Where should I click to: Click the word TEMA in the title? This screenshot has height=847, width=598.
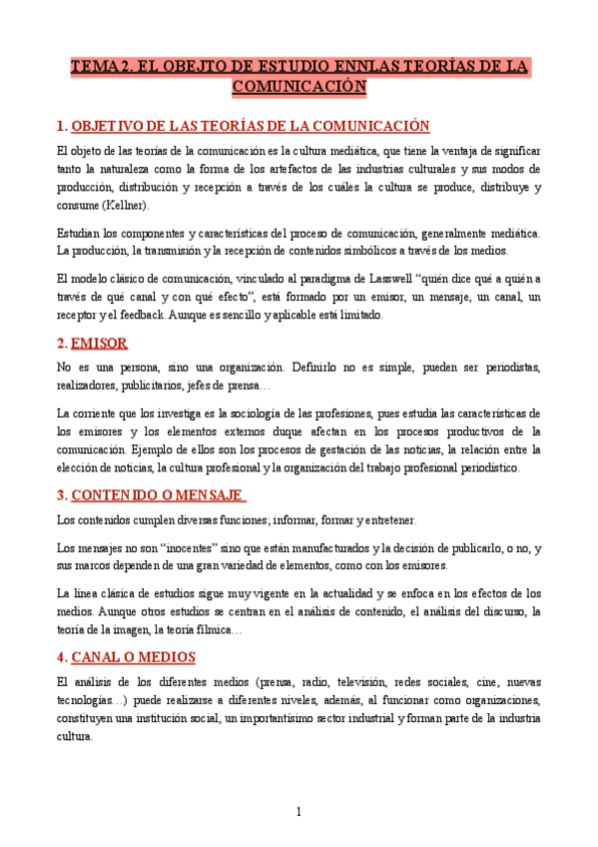pyautogui.click(x=92, y=68)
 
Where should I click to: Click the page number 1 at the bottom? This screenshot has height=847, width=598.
pyautogui.click(x=299, y=811)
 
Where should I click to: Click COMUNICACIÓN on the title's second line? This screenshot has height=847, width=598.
pyautogui.click(x=299, y=88)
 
